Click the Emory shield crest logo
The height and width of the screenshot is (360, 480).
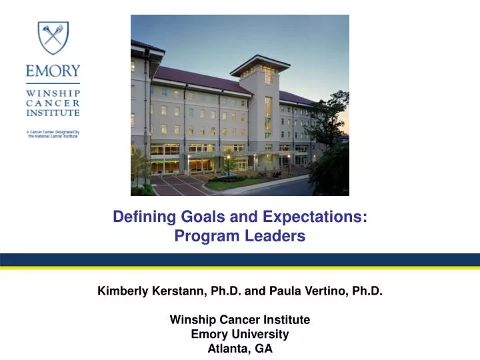click(53, 38)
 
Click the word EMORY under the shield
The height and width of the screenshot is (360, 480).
click(53, 71)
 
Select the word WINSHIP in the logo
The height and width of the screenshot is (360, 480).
click(53, 93)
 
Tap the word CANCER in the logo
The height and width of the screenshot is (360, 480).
click(53, 103)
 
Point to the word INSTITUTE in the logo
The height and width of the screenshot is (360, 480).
click(53, 114)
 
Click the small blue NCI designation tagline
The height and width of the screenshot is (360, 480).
click(53, 135)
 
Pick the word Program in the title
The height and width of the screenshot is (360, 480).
click(204, 235)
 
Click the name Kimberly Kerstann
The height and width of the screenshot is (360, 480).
click(153, 291)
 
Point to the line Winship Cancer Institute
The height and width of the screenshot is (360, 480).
click(240, 319)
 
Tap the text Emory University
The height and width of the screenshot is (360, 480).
click(240, 333)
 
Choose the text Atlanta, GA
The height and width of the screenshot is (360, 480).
click(240, 347)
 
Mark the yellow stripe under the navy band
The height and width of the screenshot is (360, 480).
click(240, 268)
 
